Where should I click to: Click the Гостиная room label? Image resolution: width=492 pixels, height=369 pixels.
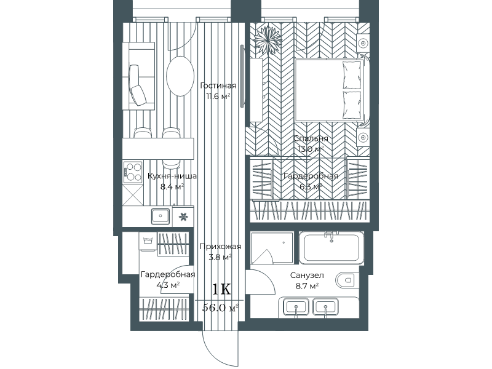coord(218,85)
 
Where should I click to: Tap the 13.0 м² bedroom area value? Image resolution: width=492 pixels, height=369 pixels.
coord(311,149)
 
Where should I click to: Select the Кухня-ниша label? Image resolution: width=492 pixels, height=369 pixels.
coord(172,176)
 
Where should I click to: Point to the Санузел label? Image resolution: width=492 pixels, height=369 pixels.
coord(307,276)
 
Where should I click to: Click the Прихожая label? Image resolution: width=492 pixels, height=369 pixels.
coord(220,247)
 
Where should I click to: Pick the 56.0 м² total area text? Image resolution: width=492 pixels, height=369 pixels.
coord(220,308)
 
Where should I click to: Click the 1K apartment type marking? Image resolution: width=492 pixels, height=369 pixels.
coord(221,289)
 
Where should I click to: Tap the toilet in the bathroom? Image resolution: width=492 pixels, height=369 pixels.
coord(346,279)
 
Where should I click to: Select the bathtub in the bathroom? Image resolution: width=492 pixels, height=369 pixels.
coord(331,248)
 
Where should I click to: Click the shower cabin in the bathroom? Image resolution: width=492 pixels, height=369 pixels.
coord(272,248)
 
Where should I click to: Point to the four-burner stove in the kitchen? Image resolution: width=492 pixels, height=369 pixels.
coord(133,172)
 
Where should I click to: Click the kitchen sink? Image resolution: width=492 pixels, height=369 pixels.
coord(161,216)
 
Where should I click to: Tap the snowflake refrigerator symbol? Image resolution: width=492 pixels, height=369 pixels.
coord(183,216)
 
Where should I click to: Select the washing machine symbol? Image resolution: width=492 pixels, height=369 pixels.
coord(148,242)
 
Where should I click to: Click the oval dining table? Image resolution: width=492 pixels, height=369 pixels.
coord(180,76)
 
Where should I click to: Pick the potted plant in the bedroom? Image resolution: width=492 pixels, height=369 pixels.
coord(267,40)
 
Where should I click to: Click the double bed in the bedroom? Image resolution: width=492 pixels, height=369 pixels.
coord(330,90)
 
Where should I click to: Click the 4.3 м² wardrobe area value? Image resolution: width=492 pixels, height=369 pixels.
coord(168,285)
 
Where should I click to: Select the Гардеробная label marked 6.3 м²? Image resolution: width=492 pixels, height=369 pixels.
coord(311,177)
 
